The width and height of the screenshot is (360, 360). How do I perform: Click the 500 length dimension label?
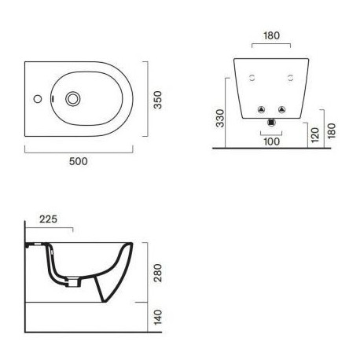(79, 161)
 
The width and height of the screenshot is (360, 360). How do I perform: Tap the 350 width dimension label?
(158, 100)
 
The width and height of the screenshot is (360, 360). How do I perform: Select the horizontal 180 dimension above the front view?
(272, 35)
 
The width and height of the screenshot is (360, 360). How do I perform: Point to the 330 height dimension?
(220, 119)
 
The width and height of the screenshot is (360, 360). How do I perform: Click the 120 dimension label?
(315, 135)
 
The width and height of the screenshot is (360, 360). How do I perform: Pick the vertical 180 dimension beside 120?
(332, 130)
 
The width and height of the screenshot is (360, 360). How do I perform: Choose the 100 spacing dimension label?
(272, 141)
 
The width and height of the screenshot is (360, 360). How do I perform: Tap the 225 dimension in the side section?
(48, 219)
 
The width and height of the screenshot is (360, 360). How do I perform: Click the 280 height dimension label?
(158, 273)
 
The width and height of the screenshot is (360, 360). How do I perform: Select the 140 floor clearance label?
(158, 318)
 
